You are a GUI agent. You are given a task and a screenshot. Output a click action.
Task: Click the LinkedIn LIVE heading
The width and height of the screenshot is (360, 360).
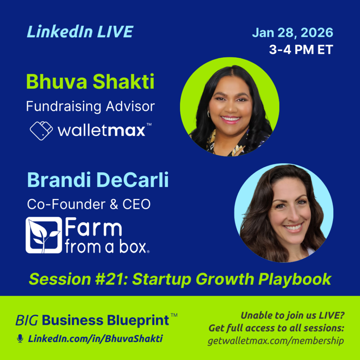tap(80, 32)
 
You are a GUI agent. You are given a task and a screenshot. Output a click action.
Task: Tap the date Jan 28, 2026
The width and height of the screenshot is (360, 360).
tap(292, 33)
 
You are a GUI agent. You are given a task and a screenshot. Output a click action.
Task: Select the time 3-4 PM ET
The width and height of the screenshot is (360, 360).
tap(301, 50)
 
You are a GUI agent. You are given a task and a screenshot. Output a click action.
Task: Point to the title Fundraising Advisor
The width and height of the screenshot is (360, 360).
tap(90, 106)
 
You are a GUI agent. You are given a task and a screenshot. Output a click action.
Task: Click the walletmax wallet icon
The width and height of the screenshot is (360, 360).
tap(41, 130)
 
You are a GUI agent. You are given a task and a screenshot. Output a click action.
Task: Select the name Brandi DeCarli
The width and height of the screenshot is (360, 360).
tap(98, 180)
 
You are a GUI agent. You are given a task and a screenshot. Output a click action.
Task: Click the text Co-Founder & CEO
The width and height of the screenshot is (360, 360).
tap(89, 205)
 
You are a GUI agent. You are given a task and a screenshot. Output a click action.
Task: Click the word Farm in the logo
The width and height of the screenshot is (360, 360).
tap(94, 229)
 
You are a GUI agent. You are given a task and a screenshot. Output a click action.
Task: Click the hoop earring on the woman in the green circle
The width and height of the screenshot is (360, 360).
tap(208, 114)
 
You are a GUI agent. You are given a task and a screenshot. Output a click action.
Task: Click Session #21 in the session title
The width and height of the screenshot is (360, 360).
tap(78, 279)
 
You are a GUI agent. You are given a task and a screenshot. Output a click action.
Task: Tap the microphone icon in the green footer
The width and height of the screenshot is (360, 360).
tap(20, 339)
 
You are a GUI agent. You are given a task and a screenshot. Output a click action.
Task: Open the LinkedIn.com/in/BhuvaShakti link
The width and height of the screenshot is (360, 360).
tap(95, 339)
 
